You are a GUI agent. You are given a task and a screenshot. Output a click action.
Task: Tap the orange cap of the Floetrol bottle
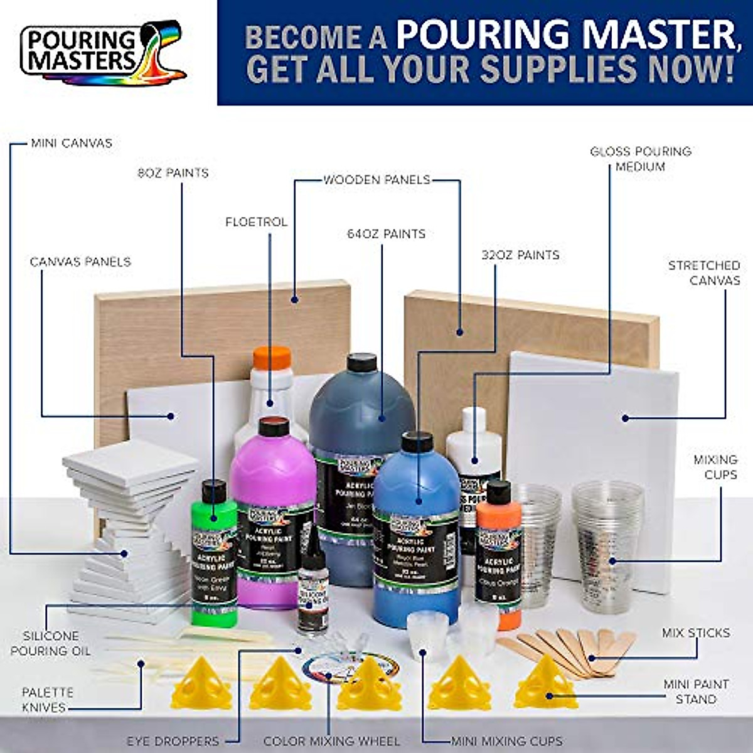pos(272,360)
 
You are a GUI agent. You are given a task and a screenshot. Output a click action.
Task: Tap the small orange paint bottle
pos(499,552)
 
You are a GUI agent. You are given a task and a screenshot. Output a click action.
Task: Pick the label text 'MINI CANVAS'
pos(72,143)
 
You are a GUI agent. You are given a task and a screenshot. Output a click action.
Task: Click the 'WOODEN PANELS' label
pos(376,180)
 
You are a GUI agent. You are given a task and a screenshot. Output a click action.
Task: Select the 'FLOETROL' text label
pos(257,222)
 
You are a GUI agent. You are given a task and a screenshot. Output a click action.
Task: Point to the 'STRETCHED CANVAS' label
pos(704,273)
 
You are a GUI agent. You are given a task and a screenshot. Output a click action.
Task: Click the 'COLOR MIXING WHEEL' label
pos(331,741)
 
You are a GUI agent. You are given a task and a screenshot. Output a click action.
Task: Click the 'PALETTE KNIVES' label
pos(48,700)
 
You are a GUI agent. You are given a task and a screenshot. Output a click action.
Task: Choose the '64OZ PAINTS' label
pos(386,234)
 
